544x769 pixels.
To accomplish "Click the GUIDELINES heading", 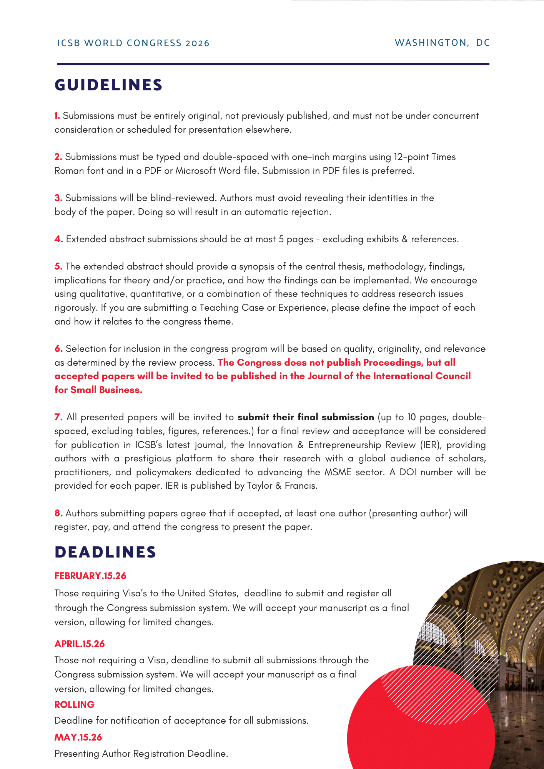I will (x=108, y=85).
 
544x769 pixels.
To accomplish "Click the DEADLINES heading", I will (x=105, y=552).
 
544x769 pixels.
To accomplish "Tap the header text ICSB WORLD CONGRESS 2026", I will (x=133, y=43).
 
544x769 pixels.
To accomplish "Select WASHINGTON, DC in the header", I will (x=442, y=43).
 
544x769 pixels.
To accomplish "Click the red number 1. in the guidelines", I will (x=57, y=116).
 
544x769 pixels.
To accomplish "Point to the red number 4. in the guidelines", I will (x=58, y=239).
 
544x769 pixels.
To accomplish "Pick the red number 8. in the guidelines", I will (x=58, y=513).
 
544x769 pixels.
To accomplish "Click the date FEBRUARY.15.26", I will (x=90, y=576).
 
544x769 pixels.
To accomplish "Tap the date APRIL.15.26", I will (x=80, y=644).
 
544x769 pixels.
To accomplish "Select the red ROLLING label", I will (x=74, y=704).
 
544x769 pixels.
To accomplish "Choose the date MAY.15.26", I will (x=78, y=737).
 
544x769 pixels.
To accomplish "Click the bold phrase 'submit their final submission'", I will (x=306, y=417).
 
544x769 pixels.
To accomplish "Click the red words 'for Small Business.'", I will (x=98, y=390).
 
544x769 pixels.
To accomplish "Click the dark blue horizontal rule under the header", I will (x=273, y=64).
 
